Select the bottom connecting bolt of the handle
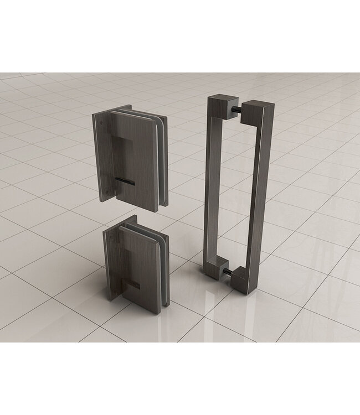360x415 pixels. click(230, 271)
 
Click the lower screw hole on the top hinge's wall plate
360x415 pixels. click(103, 193)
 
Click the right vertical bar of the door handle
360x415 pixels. click(258, 194)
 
